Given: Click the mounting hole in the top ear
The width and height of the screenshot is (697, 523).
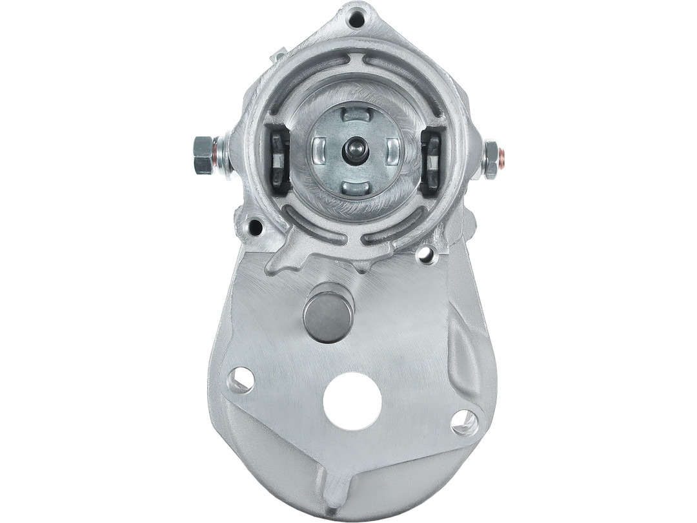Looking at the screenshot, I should tap(356, 19).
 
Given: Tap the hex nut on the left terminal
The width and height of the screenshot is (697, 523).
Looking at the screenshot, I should tap(203, 155).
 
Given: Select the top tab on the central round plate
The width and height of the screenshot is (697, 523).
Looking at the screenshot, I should tap(356, 115).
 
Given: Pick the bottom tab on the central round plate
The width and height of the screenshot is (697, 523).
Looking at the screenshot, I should tap(356, 188).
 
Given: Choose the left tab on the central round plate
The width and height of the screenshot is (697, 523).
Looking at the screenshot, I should tap(319, 151).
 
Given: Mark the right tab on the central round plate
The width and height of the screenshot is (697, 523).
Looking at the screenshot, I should tap(392, 151).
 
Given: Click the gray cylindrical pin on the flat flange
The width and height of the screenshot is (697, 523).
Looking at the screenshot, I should tap(328, 313).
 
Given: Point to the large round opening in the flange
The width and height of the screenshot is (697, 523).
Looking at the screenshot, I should tap(352, 401).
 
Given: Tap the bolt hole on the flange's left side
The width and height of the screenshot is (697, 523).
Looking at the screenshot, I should tap(241, 380).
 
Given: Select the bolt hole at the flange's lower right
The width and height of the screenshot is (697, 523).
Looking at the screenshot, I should tap(464, 422).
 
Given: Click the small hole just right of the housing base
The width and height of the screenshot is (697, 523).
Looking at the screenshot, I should tap(427, 254).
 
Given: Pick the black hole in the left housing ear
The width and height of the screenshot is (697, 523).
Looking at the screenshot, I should tap(256, 227).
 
